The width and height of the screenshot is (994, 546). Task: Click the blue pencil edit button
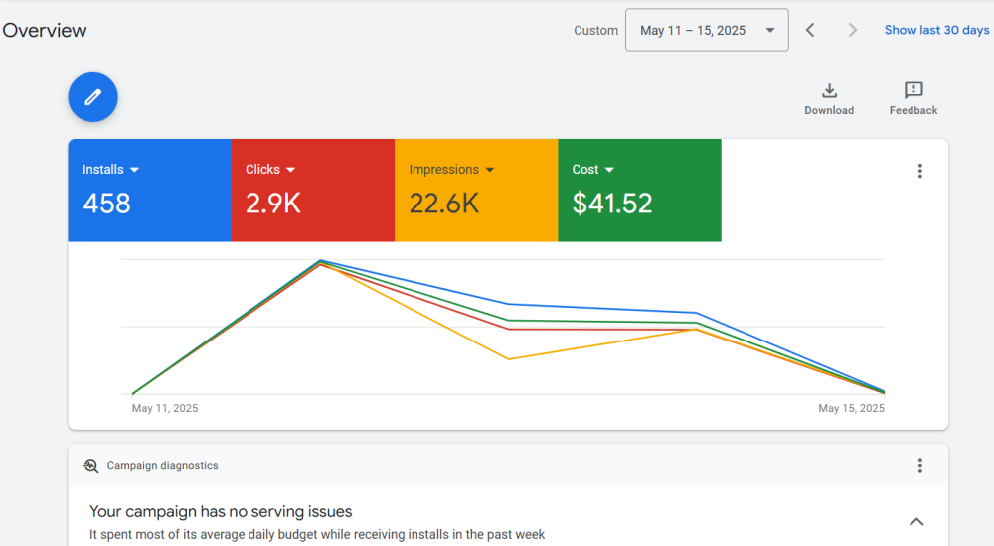click(x=92, y=97)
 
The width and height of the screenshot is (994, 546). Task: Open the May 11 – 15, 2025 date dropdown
click(x=706, y=30)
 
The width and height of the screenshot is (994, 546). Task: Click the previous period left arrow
click(x=810, y=30)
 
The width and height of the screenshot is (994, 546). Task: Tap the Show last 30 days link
click(x=936, y=30)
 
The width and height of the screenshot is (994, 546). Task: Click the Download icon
click(x=830, y=91)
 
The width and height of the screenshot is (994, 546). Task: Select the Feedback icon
click(x=913, y=91)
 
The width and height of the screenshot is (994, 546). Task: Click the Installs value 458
click(x=106, y=204)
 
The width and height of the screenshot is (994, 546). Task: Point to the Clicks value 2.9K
click(x=273, y=204)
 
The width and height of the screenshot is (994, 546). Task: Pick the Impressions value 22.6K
click(x=444, y=204)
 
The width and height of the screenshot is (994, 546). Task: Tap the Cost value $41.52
click(x=612, y=204)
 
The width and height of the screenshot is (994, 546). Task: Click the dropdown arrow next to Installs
click(x=134, y=170)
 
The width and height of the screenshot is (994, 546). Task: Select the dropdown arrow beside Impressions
click(x=490, y=170)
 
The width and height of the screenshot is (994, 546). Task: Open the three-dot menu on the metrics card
click(x=919, y=171)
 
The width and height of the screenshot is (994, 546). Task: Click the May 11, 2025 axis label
click(x=165, y=408)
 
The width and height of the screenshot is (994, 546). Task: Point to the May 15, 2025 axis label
click(x=851, y=408)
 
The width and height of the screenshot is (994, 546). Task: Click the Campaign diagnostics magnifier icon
click(x=91, y=465)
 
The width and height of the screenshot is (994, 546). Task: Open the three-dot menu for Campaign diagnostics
click(x=919, y=465)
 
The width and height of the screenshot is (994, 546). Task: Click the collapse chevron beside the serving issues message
click(x=916, y=522)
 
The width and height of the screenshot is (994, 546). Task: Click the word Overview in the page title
click(x=45, y=30)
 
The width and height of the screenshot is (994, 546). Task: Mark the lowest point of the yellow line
click(x=509, y=359)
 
